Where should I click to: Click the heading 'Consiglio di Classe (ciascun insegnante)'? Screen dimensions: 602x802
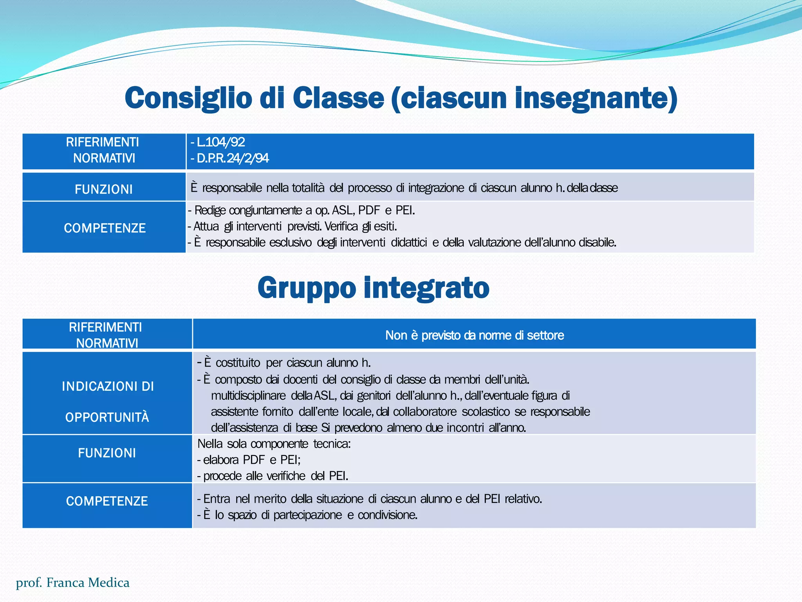pos(401,98)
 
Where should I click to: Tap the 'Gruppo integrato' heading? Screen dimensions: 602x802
pos(373,288)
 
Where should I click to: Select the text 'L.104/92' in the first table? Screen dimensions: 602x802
pos(220,142)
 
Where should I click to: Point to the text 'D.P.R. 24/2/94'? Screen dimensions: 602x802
pos(232,158)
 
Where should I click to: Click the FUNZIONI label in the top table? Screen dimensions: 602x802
pos(104,189)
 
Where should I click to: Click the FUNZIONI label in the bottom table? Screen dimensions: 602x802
pos(107,453)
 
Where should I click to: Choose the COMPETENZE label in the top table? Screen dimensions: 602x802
pos(105,228)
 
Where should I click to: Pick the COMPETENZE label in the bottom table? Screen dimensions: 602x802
pos(107,501)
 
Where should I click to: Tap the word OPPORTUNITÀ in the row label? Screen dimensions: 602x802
pos(107,417)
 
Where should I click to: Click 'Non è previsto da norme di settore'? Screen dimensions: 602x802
pos(474,335)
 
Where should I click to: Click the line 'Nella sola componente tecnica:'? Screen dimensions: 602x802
pos(274,444)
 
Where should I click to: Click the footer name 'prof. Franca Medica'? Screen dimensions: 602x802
pos(72,582)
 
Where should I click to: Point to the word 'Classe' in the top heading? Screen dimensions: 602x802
pos(338,98)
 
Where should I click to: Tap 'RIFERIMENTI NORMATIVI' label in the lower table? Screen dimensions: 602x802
pos(105,335)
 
